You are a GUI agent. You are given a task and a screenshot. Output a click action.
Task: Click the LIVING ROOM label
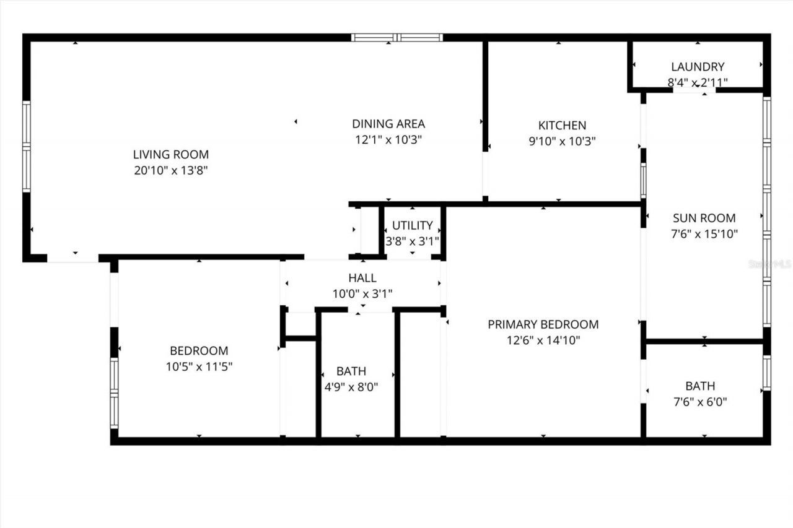(171, 154)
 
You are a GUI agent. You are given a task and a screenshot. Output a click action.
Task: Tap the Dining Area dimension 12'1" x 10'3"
(388, 140)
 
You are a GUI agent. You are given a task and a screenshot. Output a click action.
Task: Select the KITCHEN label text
(562, 125)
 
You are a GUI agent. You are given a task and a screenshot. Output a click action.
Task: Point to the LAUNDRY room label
(698, 67)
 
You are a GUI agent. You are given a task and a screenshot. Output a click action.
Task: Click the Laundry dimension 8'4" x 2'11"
(698, 82)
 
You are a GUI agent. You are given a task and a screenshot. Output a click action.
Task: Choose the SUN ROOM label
(704, 218)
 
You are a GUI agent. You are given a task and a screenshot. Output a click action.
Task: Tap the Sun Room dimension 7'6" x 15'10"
(704, 234)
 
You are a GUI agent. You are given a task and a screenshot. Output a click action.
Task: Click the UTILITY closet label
(412, 225)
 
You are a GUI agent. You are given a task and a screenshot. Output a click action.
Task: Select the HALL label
(362, 279)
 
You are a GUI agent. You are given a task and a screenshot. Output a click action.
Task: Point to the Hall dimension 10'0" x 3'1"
(362, 294)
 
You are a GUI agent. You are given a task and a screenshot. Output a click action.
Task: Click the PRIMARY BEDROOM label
(543, 324)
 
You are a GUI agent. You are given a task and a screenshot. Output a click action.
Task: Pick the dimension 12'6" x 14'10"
(543, 340)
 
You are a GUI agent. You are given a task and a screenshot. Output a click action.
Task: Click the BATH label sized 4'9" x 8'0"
(351, 371)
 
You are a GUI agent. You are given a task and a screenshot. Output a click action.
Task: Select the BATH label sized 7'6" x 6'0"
(700, 386)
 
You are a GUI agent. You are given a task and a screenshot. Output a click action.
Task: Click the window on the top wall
(397, 38)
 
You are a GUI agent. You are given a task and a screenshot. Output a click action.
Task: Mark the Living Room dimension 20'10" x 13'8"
(171, 170)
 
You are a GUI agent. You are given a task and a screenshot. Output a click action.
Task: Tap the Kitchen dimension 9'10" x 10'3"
(562, 141)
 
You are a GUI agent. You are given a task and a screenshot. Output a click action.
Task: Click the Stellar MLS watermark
(770, 264)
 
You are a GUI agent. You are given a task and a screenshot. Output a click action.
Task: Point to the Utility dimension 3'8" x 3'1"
(412, 241)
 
